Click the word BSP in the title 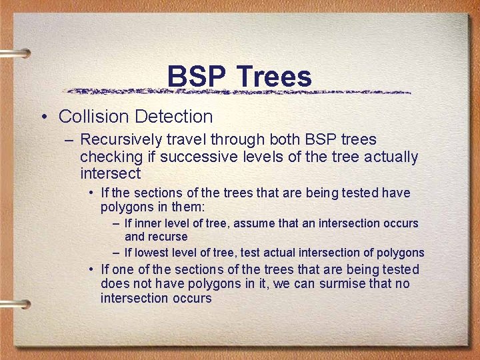tap(195, 77)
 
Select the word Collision tap(94, 117)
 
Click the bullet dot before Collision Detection tap(43, 117)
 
